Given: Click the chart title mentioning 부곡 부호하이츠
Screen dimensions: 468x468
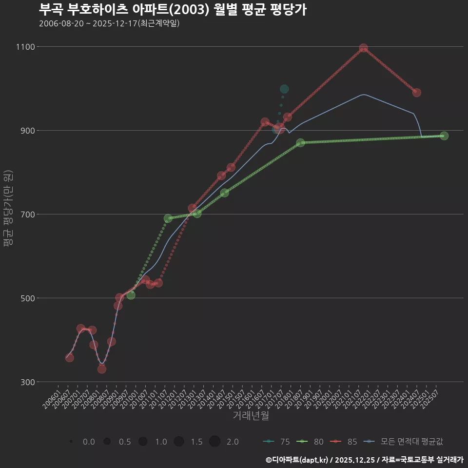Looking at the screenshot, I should click(x=173, y=10).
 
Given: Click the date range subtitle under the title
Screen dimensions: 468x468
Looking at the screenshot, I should click(x=109, y=23).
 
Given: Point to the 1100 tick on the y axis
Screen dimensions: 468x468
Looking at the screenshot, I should click(x=25, y=47).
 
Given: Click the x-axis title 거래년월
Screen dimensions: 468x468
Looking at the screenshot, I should click(x=251, y=416).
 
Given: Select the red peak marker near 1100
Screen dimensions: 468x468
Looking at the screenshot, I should click(x=363, y=48).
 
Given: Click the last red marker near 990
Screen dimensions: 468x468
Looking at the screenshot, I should click(x=416, y=93).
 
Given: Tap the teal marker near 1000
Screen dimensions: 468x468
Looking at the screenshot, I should click(x=284, y=89).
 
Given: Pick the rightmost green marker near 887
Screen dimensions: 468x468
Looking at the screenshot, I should click(x=444, y=136).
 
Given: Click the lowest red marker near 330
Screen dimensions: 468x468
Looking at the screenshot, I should click(x=102, y=369).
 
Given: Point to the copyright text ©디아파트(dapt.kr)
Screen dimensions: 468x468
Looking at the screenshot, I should click(x=297, y=460).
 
